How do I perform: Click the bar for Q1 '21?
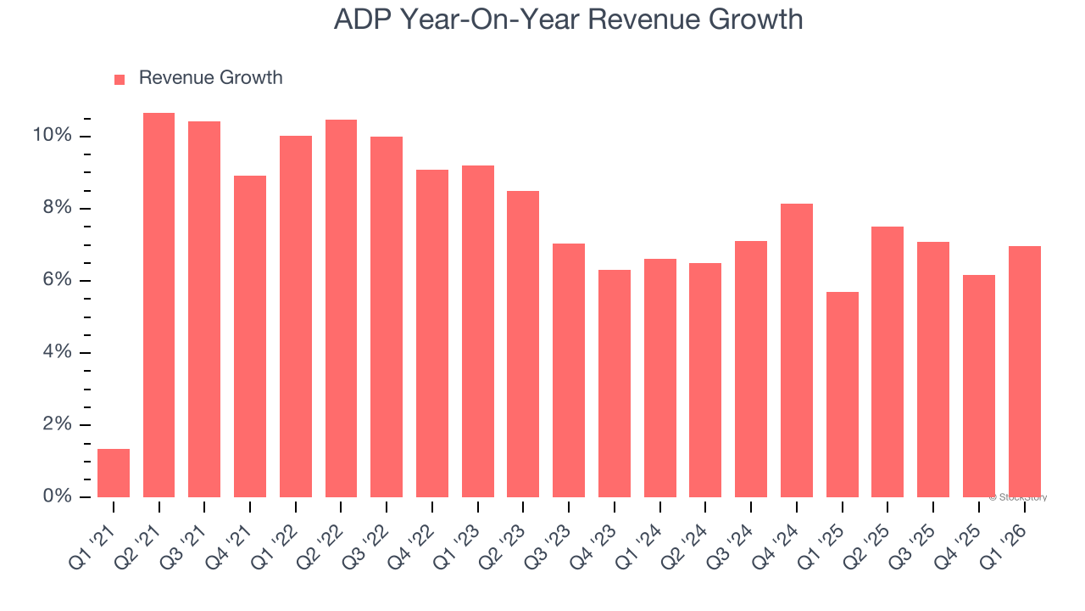[x=114, y=473]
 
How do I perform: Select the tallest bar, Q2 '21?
[x=159, y=305]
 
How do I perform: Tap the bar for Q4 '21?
[x=250, y=336]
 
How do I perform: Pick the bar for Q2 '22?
[x=341, y=309]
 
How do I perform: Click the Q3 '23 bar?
[x=569, y=370]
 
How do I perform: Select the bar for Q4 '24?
[x=797, y=350]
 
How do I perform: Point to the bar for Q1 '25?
[x=842, y=395]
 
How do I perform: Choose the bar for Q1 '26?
[x=1024, y=372]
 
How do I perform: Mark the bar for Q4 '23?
[x=615, y=384]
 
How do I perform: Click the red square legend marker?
[x=120, y=79]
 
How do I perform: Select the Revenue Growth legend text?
[x=210, y=78]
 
